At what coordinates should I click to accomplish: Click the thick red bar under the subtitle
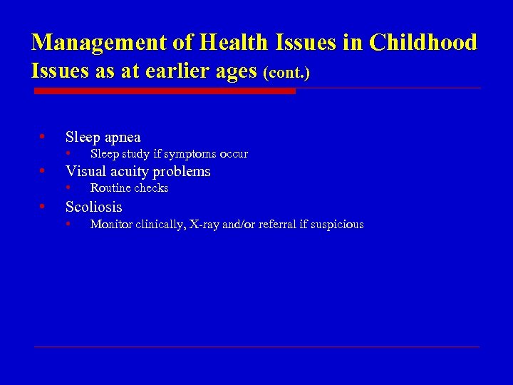(165, 91)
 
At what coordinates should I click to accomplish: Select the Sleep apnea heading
(103, 137)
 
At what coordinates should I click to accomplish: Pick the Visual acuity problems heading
(138, 171)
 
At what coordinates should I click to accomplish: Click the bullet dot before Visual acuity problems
(43, 170)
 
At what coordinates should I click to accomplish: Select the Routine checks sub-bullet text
(129, 188)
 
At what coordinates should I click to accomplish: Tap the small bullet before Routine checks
(68, 188)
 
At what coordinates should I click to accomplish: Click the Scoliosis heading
(93, 207)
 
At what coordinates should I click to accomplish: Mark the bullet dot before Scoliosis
(43, 206)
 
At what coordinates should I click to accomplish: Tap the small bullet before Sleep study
(68, 154)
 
